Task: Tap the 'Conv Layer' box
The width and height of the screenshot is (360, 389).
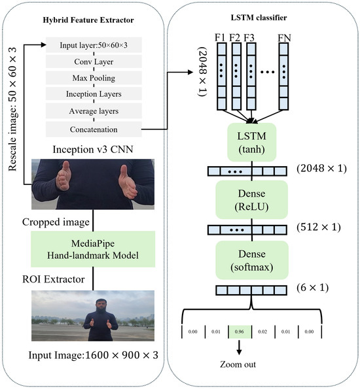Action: point(89,63)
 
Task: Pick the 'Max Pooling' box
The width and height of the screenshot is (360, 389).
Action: point(89,78)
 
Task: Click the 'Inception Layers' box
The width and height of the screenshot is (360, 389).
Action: point(89,94)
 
